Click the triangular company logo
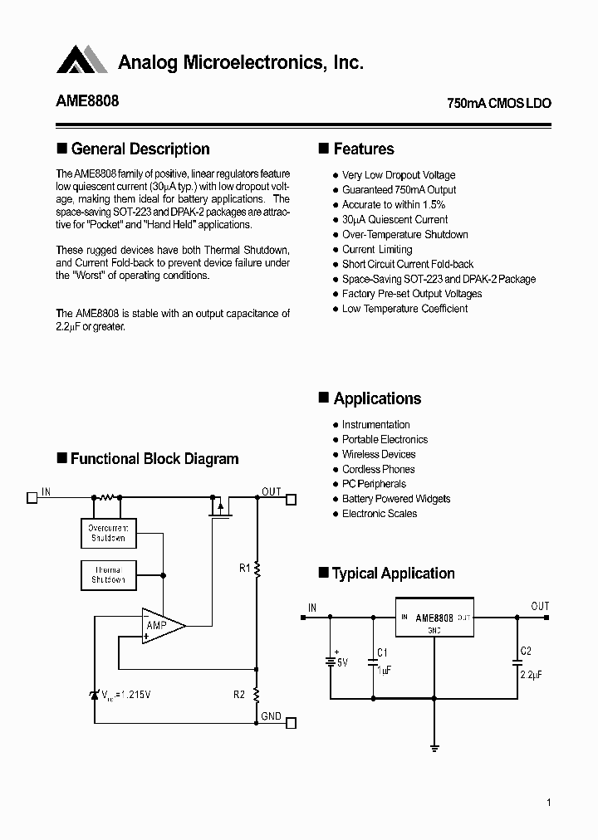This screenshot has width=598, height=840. [x=82, y=61]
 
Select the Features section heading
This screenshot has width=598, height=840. [x=363, y=149]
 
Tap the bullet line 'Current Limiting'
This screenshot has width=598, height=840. [x=377, y=249]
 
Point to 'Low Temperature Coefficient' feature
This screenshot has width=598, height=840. [x=404, y=309]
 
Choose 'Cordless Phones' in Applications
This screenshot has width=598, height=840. [x=378, y=469]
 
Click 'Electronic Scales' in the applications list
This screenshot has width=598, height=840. [x=380, y=514]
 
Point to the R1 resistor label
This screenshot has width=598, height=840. [x=244, y=569]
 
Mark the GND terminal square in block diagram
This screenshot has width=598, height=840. [x=291, y=722]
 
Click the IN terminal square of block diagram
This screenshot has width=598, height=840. [x=32, y=498]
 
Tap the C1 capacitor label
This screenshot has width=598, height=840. [x=383, y=652]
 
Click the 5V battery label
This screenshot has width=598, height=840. [x=342, y=662]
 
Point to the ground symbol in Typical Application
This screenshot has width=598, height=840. [x=434, y=747]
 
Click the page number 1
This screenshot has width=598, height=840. [x=549, y=803]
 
